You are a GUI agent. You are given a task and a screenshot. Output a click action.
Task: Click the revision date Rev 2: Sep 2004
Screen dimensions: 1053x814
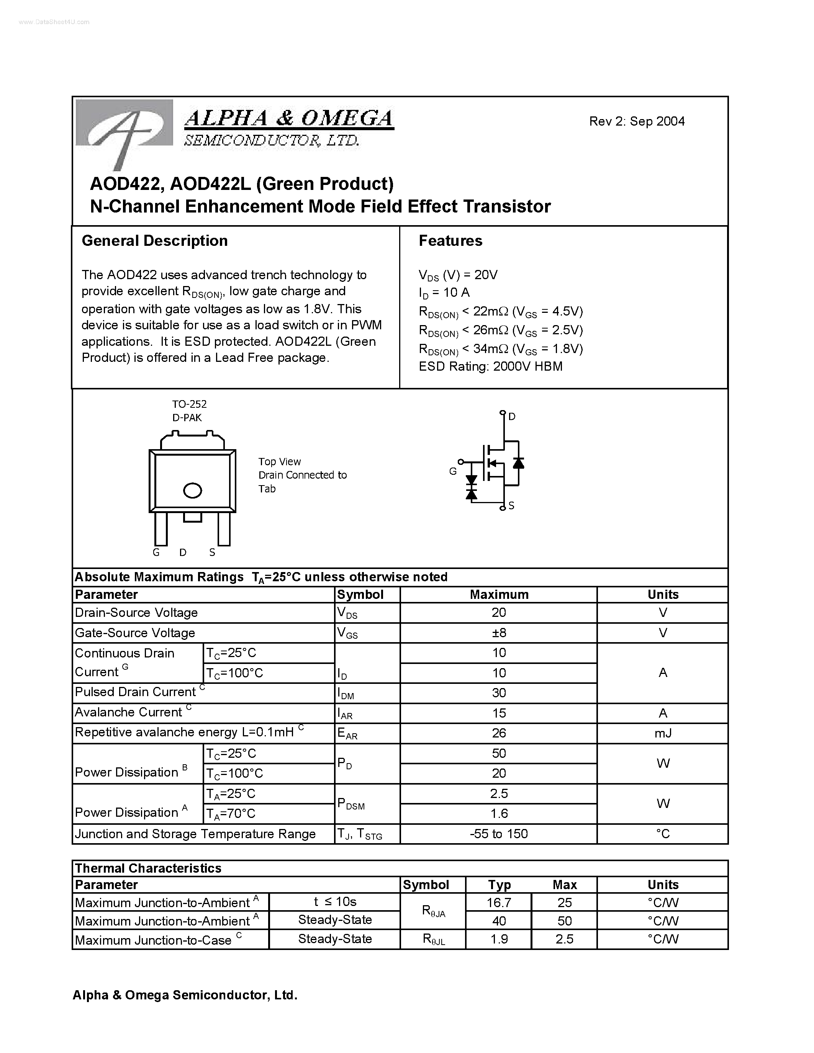[637, 121]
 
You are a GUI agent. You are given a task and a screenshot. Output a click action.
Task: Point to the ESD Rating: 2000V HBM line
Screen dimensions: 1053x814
[490, 366]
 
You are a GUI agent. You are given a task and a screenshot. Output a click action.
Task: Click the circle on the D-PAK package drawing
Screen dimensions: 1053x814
[192, 491]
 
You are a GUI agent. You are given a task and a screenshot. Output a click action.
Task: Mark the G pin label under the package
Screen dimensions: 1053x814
[156, 553]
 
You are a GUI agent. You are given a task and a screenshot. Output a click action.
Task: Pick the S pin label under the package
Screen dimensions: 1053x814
[212, 553]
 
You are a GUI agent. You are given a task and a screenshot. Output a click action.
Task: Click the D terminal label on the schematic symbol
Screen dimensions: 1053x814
[512, 417]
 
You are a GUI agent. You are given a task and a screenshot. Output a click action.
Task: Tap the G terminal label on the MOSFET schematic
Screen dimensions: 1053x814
[452, 471]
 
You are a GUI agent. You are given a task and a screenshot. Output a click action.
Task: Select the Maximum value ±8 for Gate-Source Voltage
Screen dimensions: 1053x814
[499, 633]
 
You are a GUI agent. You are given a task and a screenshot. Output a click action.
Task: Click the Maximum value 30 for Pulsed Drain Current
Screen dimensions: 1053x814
[499, 693]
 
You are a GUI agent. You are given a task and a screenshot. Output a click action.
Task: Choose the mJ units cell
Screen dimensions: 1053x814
[663, 733]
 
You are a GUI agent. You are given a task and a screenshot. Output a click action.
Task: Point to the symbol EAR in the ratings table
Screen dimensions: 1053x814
[347, 734]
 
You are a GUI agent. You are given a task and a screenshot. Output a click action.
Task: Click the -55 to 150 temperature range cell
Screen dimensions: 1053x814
[499, 834]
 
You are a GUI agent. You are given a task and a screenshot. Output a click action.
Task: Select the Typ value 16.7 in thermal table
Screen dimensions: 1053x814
[499, 902]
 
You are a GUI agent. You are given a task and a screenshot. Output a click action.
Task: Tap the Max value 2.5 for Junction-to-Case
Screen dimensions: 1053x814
[564, 939]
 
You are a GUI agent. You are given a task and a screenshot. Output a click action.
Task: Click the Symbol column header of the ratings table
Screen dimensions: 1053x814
[360, 595]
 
